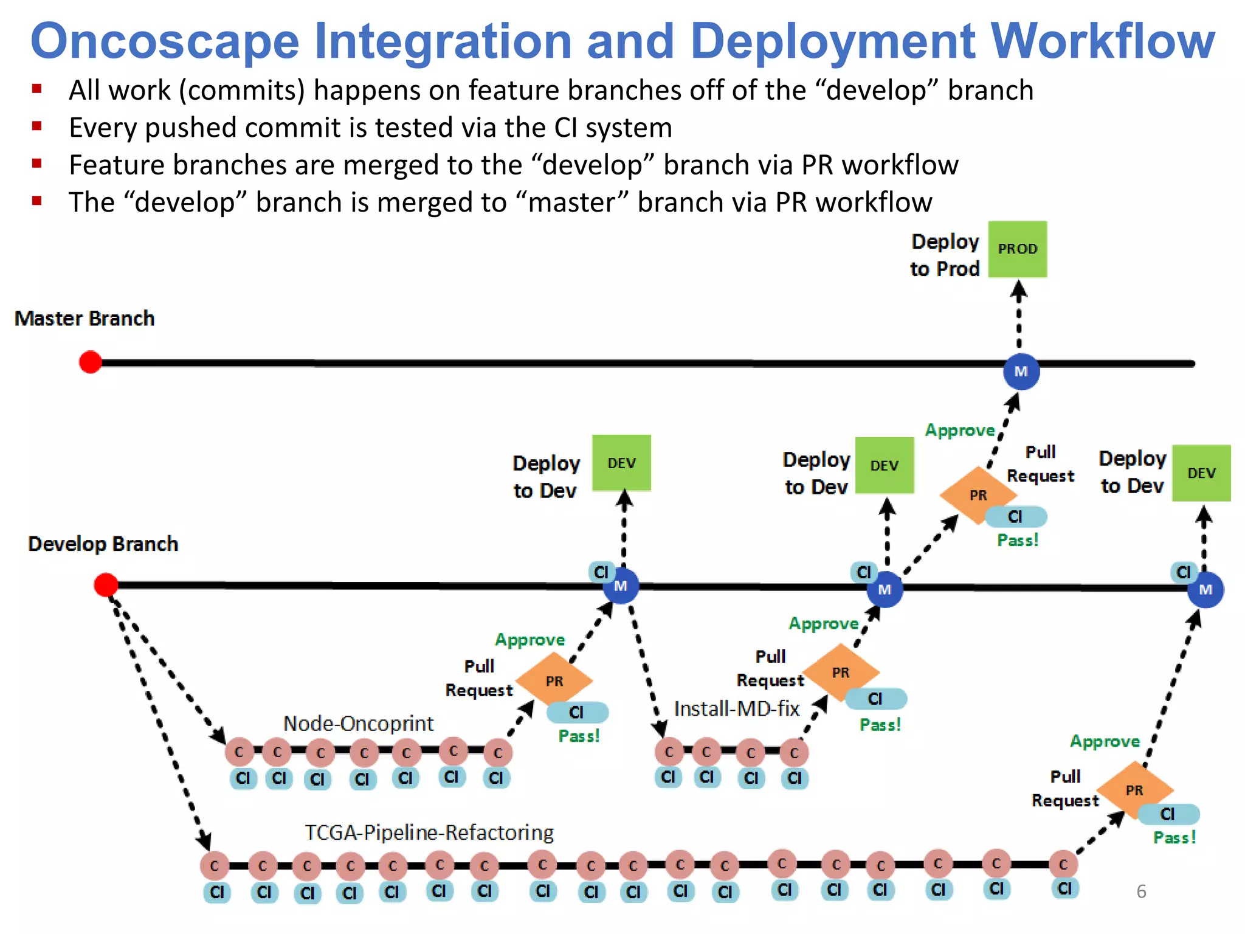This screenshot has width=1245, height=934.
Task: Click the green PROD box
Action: (1017, 249)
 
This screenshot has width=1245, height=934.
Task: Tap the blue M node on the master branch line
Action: (1021, 372)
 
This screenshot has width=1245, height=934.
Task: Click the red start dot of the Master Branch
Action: (91, 362)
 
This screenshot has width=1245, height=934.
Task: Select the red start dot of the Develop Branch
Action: (106, 584)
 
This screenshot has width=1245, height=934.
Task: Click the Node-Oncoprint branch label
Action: (358, 724)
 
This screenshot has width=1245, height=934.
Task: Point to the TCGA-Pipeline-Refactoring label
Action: (429, 832)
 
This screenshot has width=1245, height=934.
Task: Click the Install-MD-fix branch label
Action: (736, 709)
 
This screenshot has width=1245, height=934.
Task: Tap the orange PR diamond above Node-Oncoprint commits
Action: (554, 680)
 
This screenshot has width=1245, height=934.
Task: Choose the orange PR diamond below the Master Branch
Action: (977, 495)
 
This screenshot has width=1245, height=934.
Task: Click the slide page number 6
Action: (1141, 891)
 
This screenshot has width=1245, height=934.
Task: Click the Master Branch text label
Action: (84, 319)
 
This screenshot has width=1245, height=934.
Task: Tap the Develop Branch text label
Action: (103, 544)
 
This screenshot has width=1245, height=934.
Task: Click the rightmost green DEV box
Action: (1201, 473)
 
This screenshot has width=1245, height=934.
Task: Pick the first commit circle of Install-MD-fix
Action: (669, 752)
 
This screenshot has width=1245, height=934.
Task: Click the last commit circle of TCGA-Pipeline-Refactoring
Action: (1063, 864)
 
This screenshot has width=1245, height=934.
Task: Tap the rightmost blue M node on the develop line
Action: (1205, 589)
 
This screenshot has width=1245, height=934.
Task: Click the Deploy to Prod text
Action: (945, 255)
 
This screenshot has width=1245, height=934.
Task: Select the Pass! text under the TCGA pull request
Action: (1174, 838)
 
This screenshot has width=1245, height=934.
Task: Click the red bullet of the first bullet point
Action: (37, 89)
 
